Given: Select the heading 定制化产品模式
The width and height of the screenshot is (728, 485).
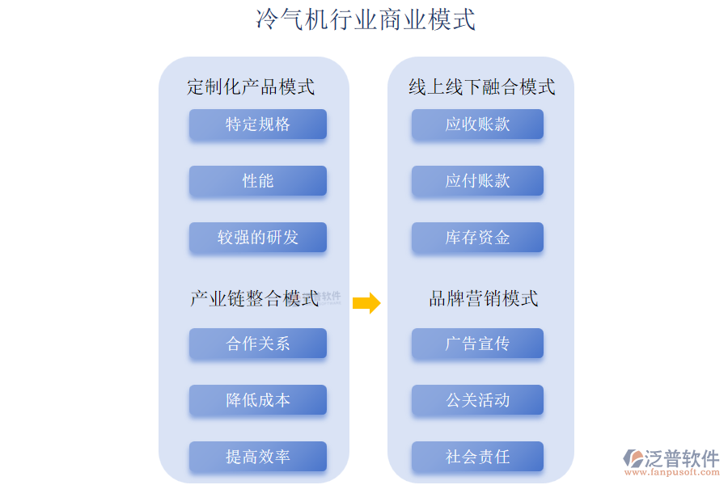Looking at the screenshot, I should click(251, 86).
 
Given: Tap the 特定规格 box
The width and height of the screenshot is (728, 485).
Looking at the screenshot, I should click(258, 124).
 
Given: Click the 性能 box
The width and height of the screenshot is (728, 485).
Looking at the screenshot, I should click(258, 181).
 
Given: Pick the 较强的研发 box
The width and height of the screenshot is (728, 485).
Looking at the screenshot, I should click(258, 238).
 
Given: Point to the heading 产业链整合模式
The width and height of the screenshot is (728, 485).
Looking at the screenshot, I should click(254, 299).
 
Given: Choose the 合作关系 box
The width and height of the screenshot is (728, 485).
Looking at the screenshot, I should click(258, 344).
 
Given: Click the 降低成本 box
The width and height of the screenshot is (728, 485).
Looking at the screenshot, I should click(258, 400).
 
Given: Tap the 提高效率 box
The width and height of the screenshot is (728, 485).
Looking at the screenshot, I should click(258, 457).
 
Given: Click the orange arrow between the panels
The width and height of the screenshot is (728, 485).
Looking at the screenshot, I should click(366, 303).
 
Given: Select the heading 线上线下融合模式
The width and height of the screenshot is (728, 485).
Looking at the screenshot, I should click(482, 86).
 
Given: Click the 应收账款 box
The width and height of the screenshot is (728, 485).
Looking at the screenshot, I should click(477, 124).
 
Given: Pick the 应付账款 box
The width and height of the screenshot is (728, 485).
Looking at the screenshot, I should click(477, 181).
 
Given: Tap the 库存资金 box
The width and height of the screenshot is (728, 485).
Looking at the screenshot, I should click(477, 238).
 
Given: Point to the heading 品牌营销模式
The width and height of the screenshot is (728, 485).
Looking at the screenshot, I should click(483, 299).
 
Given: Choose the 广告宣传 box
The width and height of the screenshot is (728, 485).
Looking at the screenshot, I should click(477, 344).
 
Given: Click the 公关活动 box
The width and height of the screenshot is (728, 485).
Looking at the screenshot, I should click(477, 400).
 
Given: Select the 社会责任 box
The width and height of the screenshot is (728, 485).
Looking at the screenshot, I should click(477, 457).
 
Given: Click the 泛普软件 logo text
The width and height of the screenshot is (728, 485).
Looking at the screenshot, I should click(681, 458).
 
